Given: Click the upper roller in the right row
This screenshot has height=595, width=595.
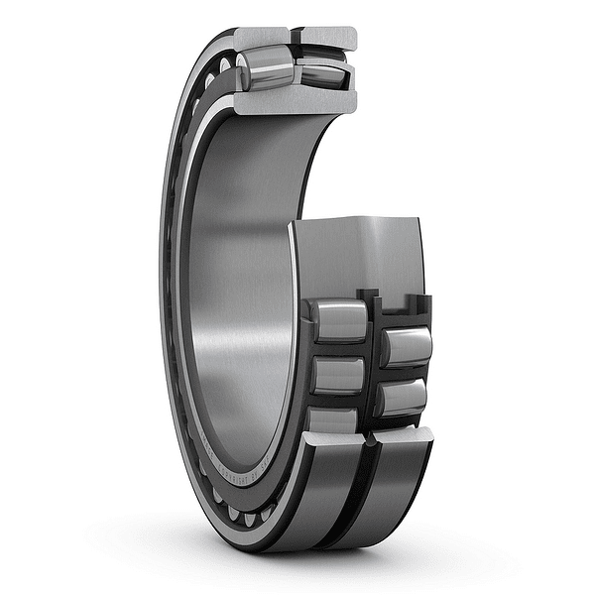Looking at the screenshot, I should (x=407, y=346).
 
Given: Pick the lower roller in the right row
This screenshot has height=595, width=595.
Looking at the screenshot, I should (x=402, y=397).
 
